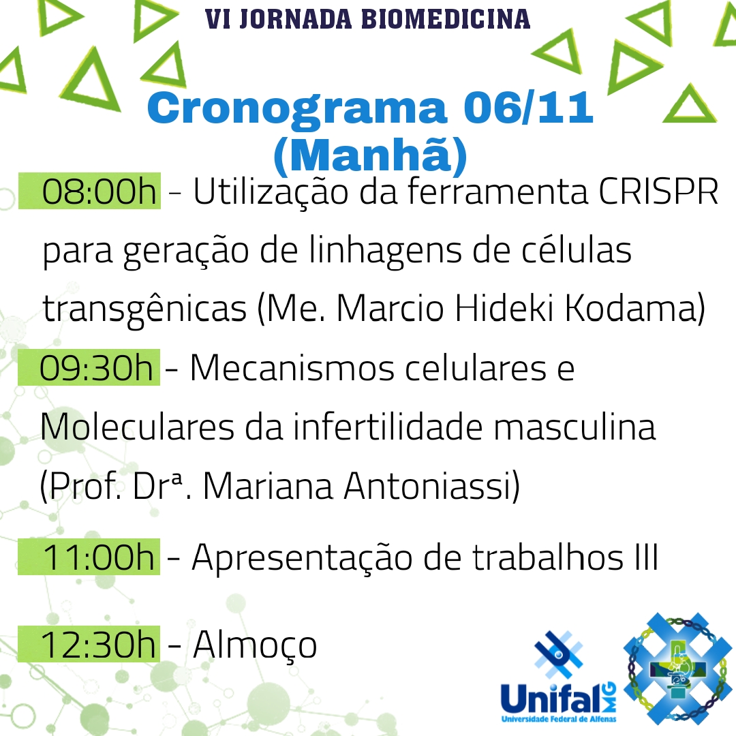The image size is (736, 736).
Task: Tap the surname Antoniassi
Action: pos(427,486)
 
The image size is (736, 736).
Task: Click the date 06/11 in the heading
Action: pos(529,108)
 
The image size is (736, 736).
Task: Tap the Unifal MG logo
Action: pos(559,678)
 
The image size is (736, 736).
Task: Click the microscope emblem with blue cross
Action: pos(677,669)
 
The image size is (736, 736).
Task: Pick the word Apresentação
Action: pos(303,559)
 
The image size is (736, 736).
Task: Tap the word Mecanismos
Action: pos(292,368)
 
